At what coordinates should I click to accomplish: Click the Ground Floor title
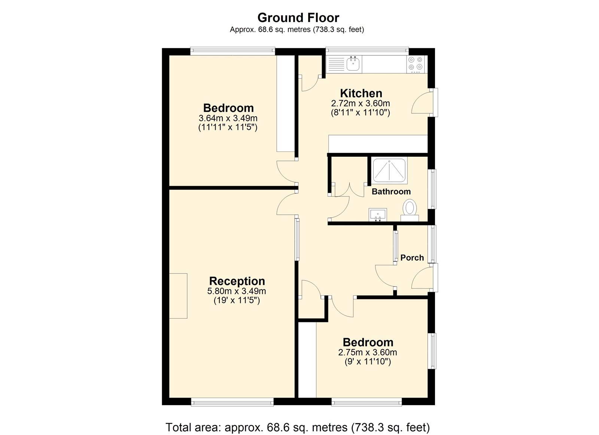pyautogui.click(x=298, y=18)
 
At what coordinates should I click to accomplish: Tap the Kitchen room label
pyautogui.click(x=361, y=93)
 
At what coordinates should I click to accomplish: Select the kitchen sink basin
pyautogui.click(x=353, y=64)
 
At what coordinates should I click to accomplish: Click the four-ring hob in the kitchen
pyautogui.click(x=416, y=64)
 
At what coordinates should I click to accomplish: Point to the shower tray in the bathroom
pyautogui.click(x=389, y=171)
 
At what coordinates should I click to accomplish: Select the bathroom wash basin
pyautogui.click(x=378, y=215)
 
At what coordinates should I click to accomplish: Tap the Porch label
pyautogui.click(x=412, y=258)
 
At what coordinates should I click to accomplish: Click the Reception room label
pyautogui.click(x=237, y=281)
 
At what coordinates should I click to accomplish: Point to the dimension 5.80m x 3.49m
pyautogui.click(x=237, y=291)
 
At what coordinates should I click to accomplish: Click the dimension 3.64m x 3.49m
pyautogui.click(x=228, y=118)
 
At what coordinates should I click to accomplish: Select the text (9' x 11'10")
pyautogui.click(x=368, y=362)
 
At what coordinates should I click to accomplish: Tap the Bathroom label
pyautogui.click(x=391, y=192)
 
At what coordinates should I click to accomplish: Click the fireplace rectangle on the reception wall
pyautogui.click(x=178, y=295)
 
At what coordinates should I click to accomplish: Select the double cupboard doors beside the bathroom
pyautogui.click(x=349, y=190)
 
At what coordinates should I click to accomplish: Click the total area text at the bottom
pyautogui.click(x=298, y=427)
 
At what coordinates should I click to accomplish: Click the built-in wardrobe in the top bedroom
pyautogui.click(x=285, y=103)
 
